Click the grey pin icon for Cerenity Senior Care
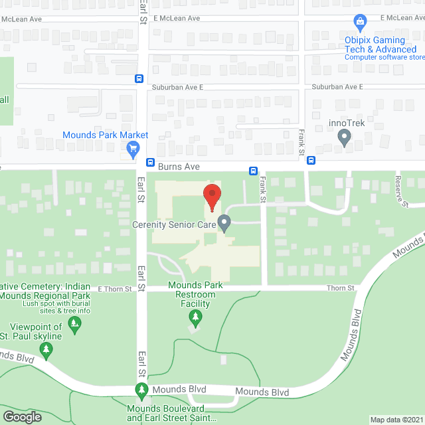pyautogui.click(x=224, y=223)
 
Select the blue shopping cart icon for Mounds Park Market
pyautogui.click(x=133, y=149)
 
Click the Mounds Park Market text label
pyautogui.click(x=106, y=135)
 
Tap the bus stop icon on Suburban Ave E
pyautogui.click(x=139, y=78)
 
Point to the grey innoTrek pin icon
pyautogui.click(x=344, y=137)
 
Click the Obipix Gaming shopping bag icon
pyautogui.click(x=360, y=23)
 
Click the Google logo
pyautogui.click(x=21, y=416)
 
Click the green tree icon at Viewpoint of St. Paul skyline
pyautogui.click(x=75, y=324)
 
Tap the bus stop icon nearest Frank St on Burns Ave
pyautogui.click(x=254, y=170)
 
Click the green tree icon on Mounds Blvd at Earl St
pyautogui.click(x=141, y=390)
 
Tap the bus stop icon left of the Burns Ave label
pyautogui.click(x=151, y=162)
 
